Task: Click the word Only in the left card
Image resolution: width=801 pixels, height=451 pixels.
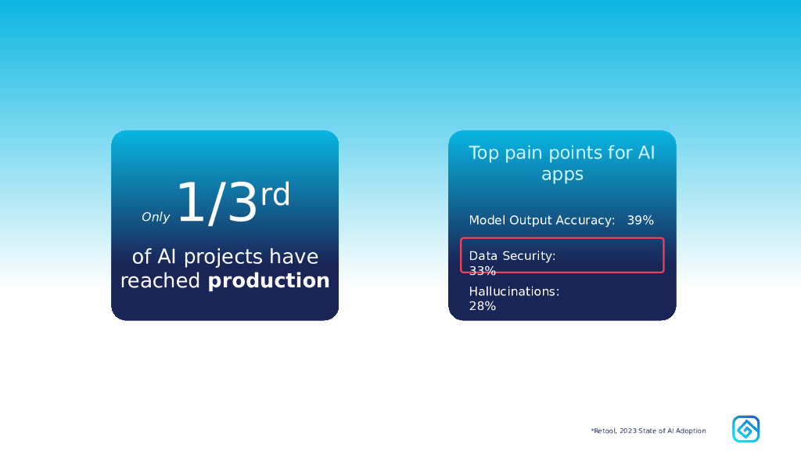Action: click(x=156, y=217)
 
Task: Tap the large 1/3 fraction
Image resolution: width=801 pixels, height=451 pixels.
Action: click(x=217, y=203)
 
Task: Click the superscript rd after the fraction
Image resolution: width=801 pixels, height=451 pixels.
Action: click(x=275, y=194)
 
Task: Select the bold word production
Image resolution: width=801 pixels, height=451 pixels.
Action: click(x=269, y=281)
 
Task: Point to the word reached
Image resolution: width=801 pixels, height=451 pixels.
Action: click(x=160, y=280)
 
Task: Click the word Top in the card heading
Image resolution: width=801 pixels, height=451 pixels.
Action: click(x=483, y=153)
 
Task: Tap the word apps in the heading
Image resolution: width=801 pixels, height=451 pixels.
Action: click(x=562, y=175)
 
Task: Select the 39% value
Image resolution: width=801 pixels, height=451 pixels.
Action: click(x=641, y=220)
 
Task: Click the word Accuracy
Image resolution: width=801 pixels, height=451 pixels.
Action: click(x=585, y=220)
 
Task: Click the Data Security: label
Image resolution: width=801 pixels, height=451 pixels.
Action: click(x=512, y=256)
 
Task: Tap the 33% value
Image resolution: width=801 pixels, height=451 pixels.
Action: click(x=482, y=270)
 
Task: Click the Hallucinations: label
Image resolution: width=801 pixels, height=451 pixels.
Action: click(x=515, y=291)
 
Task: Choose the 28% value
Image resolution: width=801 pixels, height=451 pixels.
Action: click(x=482, y=306)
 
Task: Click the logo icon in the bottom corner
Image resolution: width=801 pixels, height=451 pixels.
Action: click(x=745, y=429)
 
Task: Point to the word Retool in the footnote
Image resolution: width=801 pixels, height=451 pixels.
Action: click(x=605, y=431)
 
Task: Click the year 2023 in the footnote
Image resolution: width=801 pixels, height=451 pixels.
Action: click(x=628, y=431)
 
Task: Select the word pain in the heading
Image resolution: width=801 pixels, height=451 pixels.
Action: click(x=520, y=153)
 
